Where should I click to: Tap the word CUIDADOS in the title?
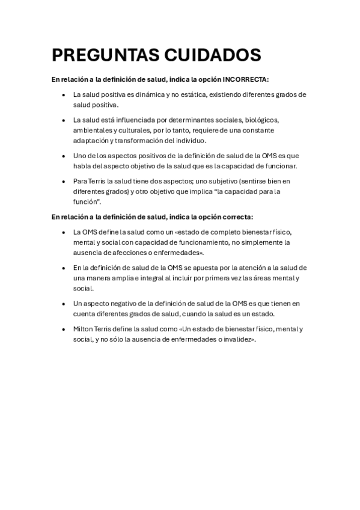211,55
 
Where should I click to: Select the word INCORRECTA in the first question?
246,79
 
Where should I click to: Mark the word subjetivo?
202,181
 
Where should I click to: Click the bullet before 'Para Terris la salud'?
64,181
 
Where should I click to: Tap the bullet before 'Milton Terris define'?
64,329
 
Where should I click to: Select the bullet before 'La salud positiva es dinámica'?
64,94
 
